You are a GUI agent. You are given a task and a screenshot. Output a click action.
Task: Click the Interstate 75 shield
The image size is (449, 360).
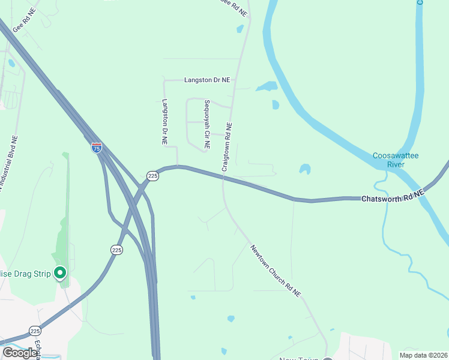pyautogui.click(x=97, y=147)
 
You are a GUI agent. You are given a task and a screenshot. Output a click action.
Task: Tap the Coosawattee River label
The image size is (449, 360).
pyautogui.click(x=395, y=160)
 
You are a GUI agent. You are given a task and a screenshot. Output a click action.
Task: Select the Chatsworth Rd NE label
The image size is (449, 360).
pyautogui.click(x=393, y=196)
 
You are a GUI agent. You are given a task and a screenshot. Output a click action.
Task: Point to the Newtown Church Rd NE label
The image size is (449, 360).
pyautogui.click(x=276, y=271)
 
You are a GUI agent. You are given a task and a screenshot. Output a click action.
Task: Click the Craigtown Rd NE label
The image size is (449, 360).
pyautogui.click(x=227, y=147)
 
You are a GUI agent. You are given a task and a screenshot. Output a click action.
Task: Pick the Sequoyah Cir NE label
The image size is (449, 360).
pyautogui.click(x=206, y=124)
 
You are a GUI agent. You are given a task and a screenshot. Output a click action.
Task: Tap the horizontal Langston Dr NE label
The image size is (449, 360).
pyautogui.click(x=207, y=80)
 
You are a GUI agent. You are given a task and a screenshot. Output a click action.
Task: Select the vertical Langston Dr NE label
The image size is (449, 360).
pyautogui.click(x=164, y=122)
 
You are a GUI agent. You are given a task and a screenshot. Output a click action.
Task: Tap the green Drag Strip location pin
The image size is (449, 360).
pyautogui.click(x=60, y=274)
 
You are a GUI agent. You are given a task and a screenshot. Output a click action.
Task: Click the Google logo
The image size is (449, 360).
pyautogui.click(x=20, y=353)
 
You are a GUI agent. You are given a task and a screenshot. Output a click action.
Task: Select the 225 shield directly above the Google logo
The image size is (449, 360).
pyautogui.click(x=35, y=331)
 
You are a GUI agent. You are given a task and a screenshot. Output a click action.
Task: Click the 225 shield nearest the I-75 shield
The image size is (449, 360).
pyautogui.click(x=152, y=176)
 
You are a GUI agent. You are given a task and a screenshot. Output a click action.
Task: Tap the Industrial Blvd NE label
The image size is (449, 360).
pyautogui.click(x=8, y=163)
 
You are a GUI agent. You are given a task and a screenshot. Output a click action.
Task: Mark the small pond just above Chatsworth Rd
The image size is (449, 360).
pyautogui.click(x=305, y=169)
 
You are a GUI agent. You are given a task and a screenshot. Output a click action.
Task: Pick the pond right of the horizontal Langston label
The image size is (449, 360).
pyautogui.click(x=267, y=86)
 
